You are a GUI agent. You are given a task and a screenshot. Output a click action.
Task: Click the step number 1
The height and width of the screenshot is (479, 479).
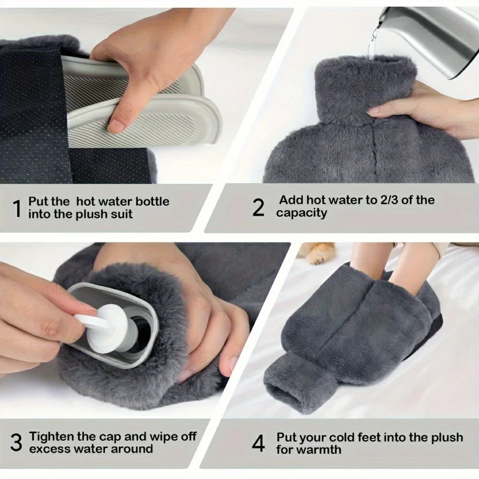[x=17, y=208]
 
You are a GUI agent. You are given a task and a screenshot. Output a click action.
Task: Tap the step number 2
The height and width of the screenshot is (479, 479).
[x=258, y=207]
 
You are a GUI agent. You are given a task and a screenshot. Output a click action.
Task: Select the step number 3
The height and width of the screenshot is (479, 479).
[x=16, y=443]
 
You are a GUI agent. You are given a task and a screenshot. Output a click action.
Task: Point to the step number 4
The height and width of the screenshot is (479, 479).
[x=258, y=444]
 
